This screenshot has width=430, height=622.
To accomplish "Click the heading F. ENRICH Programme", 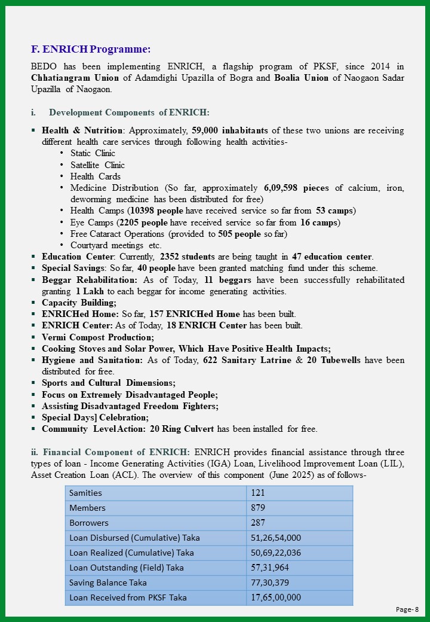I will [x=91, y=48].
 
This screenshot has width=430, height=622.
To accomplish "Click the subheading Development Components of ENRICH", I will [x=129, y=112].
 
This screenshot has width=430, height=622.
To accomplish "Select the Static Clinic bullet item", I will [x=93, y=153].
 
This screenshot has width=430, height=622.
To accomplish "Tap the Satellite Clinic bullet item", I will [x=97, y=165].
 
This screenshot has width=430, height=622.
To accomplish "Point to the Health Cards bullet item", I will [x=96, y=176].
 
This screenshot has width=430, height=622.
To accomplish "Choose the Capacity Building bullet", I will [x=79, y=303].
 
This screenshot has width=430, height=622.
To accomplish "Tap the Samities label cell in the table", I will [x=85, y=493].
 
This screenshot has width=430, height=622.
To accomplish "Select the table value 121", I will [x=258, y=493].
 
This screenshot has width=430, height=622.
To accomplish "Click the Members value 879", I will [x=258, y=508].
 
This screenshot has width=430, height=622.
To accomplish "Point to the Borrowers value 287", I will [x=258, y=523].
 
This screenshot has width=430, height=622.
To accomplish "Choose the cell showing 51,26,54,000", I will [x=275, y=538].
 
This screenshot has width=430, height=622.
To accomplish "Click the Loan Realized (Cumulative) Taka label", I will [x=131, y=553].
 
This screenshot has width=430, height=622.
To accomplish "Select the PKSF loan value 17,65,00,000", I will [x=275, y=597].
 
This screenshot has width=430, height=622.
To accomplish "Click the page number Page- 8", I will [x=407, y=609].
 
